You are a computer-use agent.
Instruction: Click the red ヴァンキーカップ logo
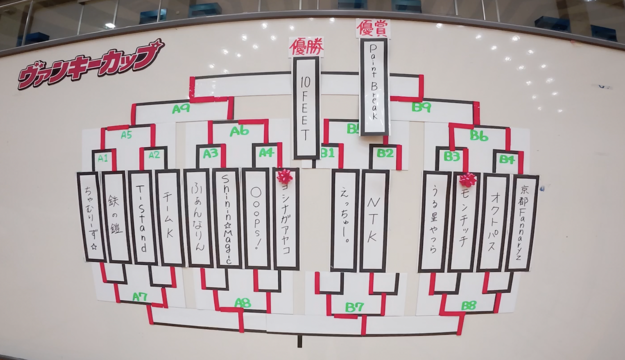click(x=90, y=64)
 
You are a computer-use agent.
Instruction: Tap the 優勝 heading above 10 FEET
click(x=306, y=47)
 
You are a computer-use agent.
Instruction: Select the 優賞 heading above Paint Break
click(x=373, y=28)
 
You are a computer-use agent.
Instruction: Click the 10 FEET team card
click(x=306, y=107)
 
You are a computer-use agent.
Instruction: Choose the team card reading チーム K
click(x=169, y=218)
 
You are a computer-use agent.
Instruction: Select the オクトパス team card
click(x=493, y=222)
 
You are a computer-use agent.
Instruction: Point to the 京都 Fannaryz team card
click(x=522, y=223)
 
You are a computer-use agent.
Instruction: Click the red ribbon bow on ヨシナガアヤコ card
click(x=284, y=176)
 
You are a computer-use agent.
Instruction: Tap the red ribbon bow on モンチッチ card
click(x=467, y=179)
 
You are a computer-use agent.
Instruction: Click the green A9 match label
click(x=181, y=108)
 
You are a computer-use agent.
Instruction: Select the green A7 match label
click(x=140, y=296)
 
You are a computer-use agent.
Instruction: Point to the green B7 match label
click(x=354, y=307)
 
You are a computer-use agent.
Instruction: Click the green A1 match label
click(x=103, y=158)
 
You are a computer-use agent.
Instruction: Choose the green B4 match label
click(x=507, y=159)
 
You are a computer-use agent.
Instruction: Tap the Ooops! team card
click(x=256, y=218)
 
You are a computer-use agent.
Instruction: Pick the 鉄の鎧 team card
click(x=116, y=217)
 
